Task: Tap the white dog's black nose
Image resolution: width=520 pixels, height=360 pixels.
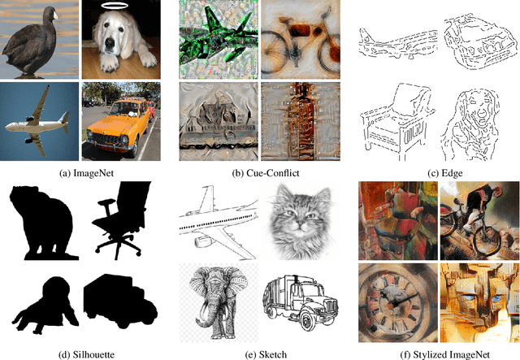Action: [x=110, y=42]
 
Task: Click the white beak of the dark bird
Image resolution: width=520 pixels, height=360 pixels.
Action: [x=55, y=15]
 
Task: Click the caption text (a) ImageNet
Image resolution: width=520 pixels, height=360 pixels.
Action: [x=86, y=173]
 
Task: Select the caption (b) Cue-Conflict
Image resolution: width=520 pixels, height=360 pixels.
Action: [x=266, y=173]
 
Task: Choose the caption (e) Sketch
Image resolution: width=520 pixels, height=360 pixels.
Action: [x=266, y=354]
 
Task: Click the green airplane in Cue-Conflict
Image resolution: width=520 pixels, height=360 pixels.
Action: [x=219, y=37]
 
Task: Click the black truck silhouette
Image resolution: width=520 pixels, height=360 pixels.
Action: [x=120, y=301]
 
